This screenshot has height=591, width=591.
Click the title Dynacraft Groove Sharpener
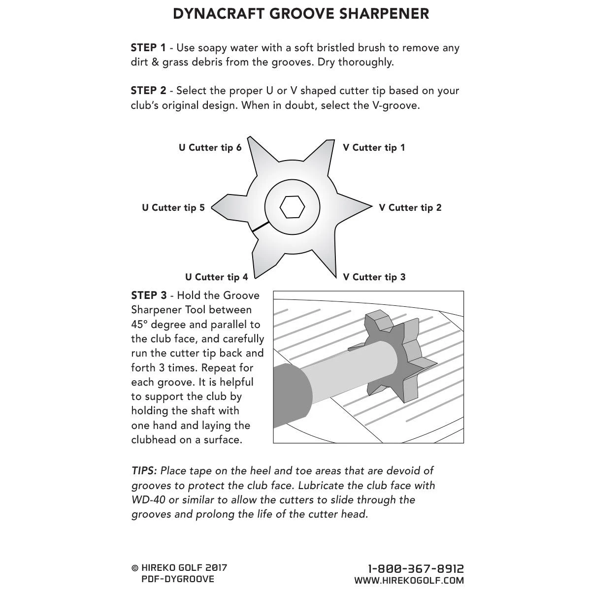(301, 14)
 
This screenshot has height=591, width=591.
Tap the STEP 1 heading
(148, 48)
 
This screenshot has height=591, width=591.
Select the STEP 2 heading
(148, 91)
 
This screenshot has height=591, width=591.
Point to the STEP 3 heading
(149, 295)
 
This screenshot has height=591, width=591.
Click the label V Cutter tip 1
(374, 148)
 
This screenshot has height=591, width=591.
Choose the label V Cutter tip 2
(410, 208)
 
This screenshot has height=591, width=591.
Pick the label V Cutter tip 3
(374, 277)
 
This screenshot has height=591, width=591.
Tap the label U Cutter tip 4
(216, 277)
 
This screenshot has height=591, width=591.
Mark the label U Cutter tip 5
(173, 208)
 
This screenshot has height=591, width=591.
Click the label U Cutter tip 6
(210, 148)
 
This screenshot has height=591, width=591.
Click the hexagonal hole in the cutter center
(291, 207)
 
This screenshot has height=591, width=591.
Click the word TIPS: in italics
(144, 471)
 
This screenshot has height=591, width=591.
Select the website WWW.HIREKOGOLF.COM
(409, 581)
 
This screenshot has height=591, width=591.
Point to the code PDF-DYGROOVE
(178, 579)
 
